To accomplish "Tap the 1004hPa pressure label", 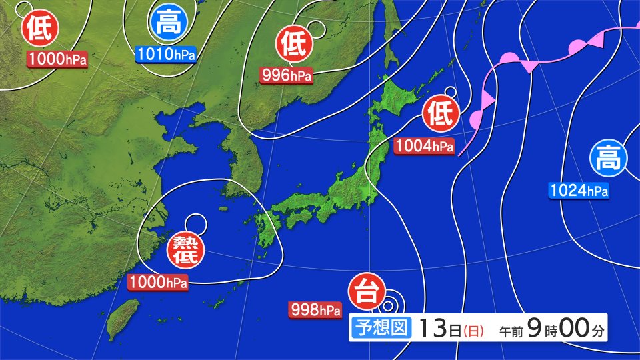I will pyautogui.click(x=423, y=146).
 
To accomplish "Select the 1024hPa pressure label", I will pyautogui.click(x=579, y=191).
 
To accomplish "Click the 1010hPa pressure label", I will pyautogui.click(x=165, y=55).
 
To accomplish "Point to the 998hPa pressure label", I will pyautogui.click(x=315, y=309).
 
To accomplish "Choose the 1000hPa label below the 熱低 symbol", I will pyautogui.click(x=158, y=282).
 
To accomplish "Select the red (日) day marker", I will pyautogui.click(x=473, y=330).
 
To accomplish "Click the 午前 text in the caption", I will pyautogui.click(x=511, y=330).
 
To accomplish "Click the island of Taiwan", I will pyautogui.click(x=124, y=318).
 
